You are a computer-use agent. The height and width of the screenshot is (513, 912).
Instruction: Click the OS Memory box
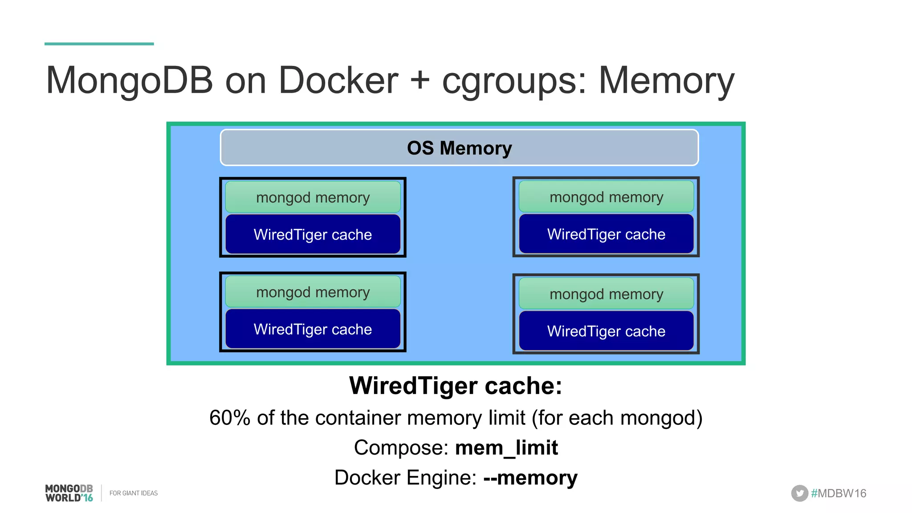[459, 148]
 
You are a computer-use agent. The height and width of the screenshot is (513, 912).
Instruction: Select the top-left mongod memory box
[313, 197]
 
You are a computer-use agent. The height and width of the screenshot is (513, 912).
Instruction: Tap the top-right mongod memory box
[606, 197]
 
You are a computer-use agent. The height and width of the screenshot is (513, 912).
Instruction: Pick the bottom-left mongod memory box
[313, 292]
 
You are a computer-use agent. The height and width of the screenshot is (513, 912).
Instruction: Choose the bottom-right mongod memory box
[606, 294]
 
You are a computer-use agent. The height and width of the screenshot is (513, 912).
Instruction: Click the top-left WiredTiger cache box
[313, 235]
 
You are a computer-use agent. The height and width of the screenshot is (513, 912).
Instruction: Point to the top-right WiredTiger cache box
[606, 234]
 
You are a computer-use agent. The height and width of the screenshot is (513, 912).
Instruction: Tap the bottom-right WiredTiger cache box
[606, 331]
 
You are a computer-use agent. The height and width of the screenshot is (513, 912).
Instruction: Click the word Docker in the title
[338, 81]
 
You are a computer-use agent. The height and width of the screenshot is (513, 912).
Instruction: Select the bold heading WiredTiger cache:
[456, 386]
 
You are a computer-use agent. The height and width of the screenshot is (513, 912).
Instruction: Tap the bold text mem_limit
[506, 448]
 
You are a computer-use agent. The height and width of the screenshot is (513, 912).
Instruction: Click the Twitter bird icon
[799, 493]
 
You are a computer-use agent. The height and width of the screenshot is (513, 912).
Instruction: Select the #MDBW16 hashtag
[839, 493]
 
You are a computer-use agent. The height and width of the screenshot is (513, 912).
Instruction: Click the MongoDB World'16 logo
[69, 493]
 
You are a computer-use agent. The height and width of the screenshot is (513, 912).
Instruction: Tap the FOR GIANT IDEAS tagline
[134, 493]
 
